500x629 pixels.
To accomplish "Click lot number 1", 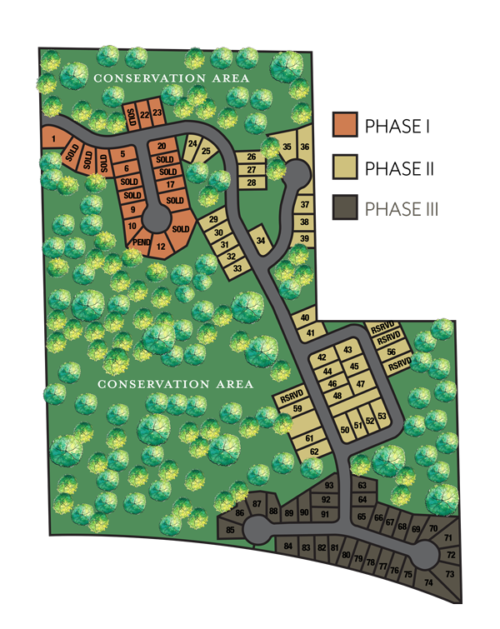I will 52,137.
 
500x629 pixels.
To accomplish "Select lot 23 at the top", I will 156,113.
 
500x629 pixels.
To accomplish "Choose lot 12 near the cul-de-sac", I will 161,247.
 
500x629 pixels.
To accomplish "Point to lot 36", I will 305,147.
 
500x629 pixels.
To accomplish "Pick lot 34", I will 261,241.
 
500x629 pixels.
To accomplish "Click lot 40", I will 304,318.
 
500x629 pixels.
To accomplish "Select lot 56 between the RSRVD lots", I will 391,352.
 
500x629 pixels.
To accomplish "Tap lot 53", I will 382,416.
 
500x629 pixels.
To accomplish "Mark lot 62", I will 314,451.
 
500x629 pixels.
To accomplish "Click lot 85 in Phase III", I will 230,529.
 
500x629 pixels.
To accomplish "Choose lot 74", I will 428,583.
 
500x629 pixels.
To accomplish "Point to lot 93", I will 329,485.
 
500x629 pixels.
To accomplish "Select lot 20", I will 162,147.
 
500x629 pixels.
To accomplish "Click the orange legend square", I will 345,124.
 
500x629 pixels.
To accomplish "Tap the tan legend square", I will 345,165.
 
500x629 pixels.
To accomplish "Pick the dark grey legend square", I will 345,207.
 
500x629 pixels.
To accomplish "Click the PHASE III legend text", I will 402,208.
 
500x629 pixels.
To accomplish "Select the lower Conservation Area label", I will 175,384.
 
